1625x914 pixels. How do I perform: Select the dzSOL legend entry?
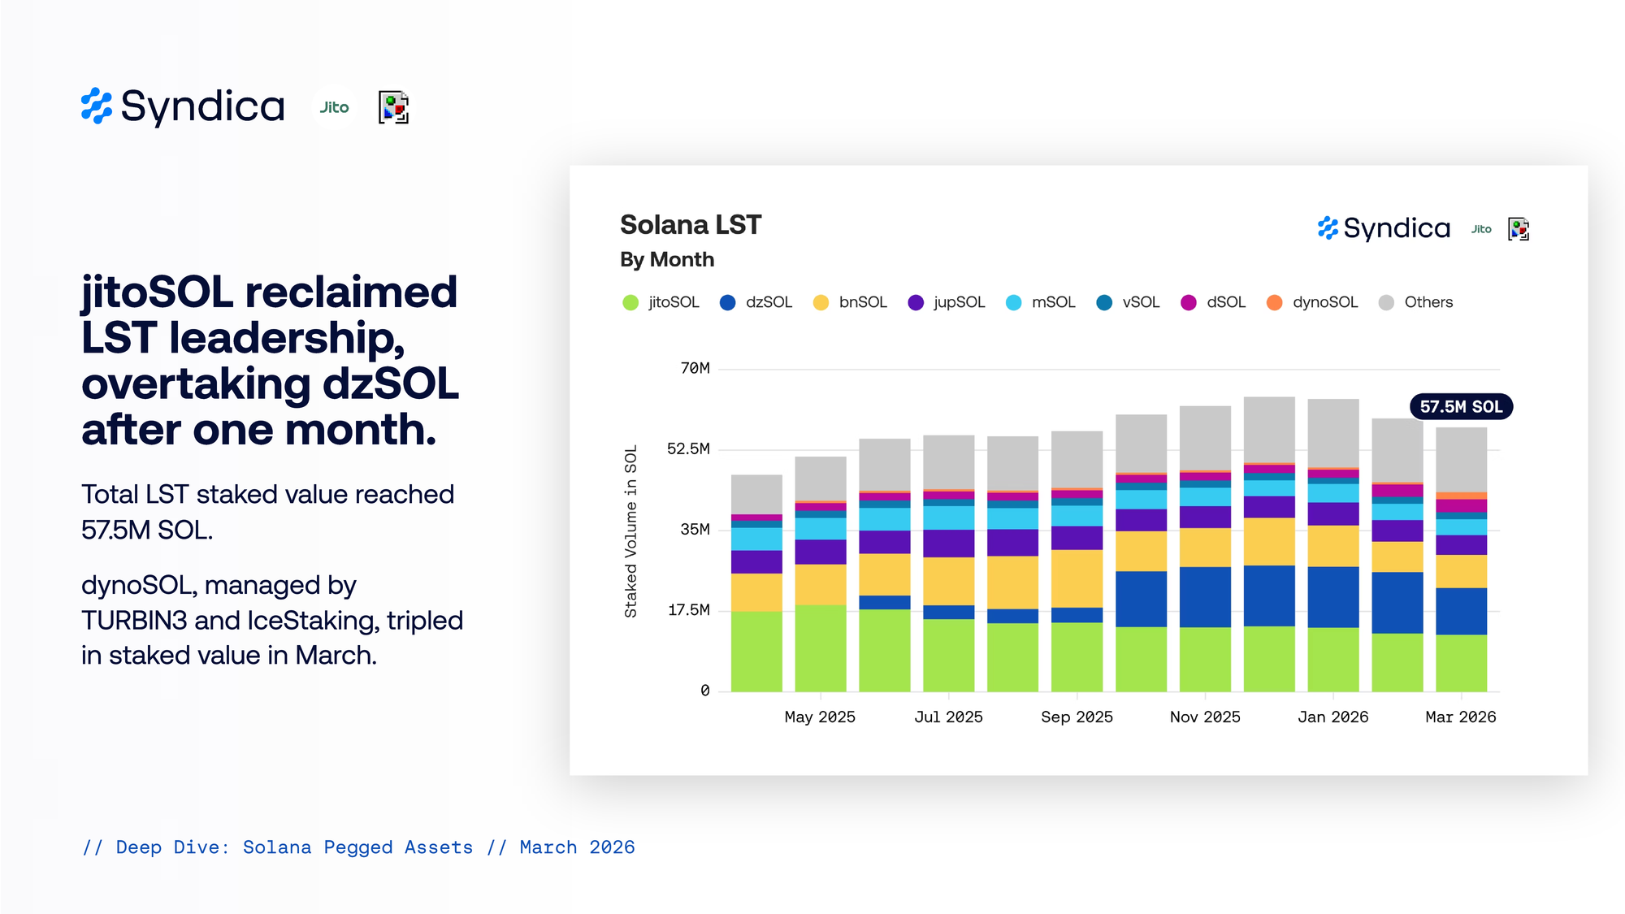point(756,302)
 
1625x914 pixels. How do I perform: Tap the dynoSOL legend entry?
point(1313,302)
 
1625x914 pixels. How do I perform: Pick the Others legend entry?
point(1416,302)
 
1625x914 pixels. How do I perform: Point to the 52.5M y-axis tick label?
point(688,448)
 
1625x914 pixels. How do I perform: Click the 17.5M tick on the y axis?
point(688,610)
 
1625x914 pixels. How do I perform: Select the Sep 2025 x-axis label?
point(1077,717)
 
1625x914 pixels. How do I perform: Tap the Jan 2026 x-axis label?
point(1332,717)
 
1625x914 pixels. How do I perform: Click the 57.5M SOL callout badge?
point(1461,406)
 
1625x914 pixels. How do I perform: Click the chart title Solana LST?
point(691,225)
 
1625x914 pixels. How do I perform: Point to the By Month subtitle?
point(667,259)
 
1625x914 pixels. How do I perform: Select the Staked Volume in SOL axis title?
point(630,531)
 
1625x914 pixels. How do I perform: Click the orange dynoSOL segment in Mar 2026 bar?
point(1461,496)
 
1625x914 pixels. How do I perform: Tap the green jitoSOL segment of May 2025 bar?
point(820,648)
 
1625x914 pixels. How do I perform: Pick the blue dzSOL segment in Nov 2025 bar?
point(1205,596)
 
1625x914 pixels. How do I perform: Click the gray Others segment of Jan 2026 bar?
point(1332,432)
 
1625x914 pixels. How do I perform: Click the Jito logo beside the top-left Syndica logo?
point(334,107)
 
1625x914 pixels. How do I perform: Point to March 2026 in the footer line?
point(577,847)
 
